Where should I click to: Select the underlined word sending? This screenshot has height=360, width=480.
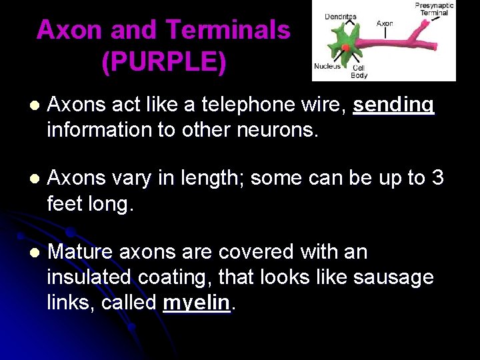click(x=393, y=105)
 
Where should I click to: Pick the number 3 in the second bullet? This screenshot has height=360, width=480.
click(x=437, y=178)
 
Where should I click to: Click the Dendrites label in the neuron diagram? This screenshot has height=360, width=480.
click(x=340, y=17)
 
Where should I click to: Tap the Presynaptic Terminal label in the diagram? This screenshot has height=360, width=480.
click(x=434, y=9)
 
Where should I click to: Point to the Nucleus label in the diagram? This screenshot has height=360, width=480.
click(x=327, y=66)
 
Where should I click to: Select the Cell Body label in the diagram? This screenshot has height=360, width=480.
click(x=359, y=71)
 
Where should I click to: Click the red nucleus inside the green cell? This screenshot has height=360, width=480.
click(x=345, y=47)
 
